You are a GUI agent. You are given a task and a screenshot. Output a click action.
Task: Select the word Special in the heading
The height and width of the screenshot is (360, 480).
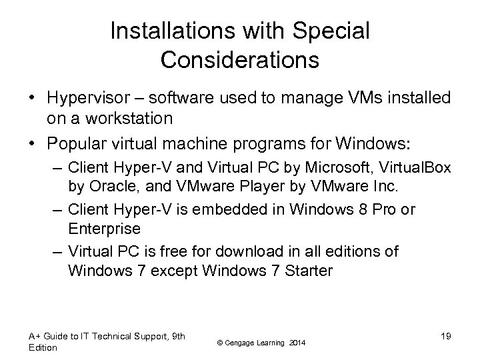tap(337, 31)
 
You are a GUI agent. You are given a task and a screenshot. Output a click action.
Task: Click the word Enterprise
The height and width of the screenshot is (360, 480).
tap(103, 229)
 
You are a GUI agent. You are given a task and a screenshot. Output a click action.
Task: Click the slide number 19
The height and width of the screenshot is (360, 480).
tap(445, 337)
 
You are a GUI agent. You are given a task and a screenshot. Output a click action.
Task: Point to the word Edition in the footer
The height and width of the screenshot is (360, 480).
tap(43, 347)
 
